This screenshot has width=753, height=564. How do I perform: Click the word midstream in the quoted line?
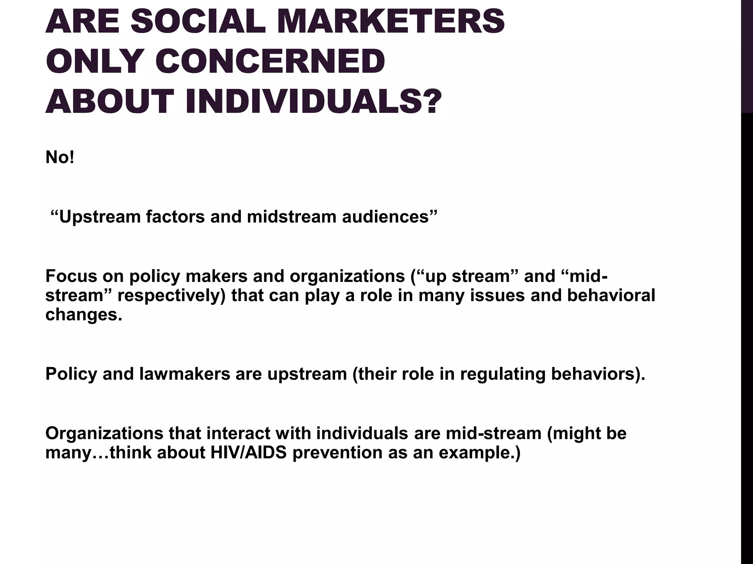292,216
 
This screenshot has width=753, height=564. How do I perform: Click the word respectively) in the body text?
172,296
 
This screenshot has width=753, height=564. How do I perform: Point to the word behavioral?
611,296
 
